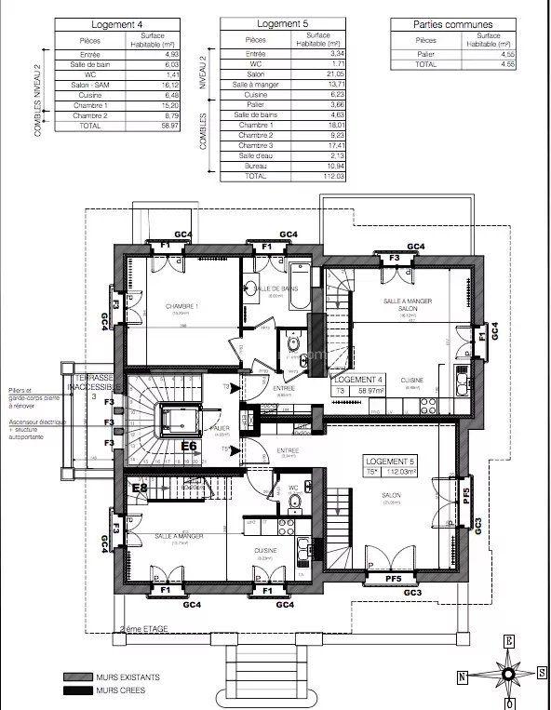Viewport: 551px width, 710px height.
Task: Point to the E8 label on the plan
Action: [141, 488]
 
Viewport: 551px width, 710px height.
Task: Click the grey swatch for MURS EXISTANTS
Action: [81, 677]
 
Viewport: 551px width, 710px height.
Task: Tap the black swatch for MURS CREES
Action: [81, 690]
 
